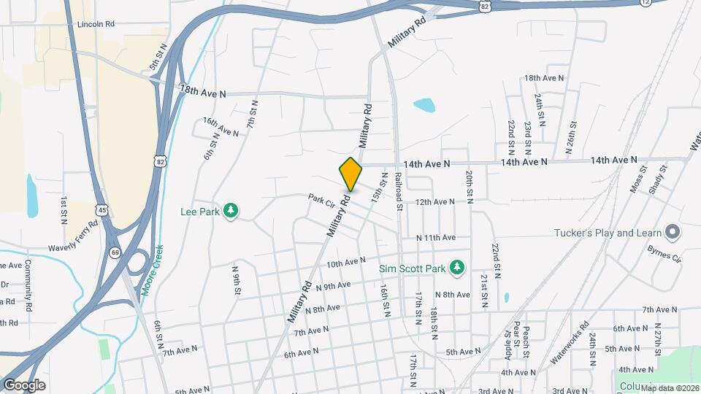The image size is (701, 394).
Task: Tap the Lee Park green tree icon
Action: tap(231, 211)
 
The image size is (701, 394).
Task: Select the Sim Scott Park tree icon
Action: tap(457, 268)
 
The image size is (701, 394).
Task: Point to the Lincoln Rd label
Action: tap(96, 24)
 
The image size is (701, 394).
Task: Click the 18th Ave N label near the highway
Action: tap(202, 91)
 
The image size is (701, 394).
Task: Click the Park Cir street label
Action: tap(321, 198)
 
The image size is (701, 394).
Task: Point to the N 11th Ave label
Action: tap(436, 238)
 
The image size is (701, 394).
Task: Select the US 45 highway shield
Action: tap(103, 210)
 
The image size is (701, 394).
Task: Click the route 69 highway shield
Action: tap(115, 252)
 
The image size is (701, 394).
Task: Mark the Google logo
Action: tap(24, 385)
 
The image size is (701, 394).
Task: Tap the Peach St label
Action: tap(525, 341)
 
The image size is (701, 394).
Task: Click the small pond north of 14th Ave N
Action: tap(424, 105)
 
